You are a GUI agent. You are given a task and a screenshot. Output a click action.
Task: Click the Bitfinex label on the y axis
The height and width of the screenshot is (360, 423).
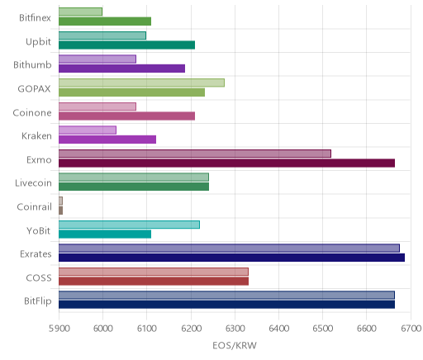pyautogui.click(x=35, y=18)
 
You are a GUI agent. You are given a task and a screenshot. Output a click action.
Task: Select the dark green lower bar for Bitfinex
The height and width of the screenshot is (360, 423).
pyautogui.click(x=105, y=21)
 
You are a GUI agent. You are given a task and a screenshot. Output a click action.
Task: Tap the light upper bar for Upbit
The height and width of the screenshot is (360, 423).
pyautogui.click(x=102, y=36)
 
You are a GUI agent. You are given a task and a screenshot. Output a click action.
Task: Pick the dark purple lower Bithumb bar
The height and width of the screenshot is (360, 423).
pyautogui.click(x=121, y=69)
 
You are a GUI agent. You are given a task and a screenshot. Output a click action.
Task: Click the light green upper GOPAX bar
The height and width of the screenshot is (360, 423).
pyautogui.click(x=141, y=83)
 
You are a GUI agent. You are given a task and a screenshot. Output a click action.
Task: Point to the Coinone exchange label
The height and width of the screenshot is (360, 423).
pyautogui.click(x=32, y=113)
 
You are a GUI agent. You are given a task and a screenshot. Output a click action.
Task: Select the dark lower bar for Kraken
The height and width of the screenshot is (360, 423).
pyautogui.click(x=107, y=140)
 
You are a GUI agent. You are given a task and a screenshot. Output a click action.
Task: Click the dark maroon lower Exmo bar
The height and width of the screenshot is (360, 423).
pyautogui.click(x=226, y=163)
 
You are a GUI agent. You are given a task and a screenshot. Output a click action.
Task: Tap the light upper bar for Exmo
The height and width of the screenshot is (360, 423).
pyautogui.click(x=195, y=154)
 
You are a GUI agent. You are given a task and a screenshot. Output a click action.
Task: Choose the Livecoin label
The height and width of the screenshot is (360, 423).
pyautogui.click(x=33, y=183)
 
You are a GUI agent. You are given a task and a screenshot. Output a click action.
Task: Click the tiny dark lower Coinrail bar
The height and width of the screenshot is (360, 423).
pyautogui.click(x=60, y=211)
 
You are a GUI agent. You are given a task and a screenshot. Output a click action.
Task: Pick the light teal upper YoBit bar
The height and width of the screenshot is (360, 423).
pyautogui.click(x=129, y=225)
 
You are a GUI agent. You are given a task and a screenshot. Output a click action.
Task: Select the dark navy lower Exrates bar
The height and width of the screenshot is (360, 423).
pyautogui.click(x=231, y=258)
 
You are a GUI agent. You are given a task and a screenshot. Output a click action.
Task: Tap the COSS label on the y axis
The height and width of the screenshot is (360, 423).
pyautogui.click(x=39, y=278)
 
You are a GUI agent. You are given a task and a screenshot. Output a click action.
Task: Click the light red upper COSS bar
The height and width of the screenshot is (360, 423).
pyautogui.click(x=154, y=272)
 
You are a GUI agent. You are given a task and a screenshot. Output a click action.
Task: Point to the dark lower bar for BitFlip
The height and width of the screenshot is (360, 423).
pyautogui.click(x=226, y=305)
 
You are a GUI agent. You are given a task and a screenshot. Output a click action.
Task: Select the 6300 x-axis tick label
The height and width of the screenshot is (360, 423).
pyautogui.click(x=235, y=329)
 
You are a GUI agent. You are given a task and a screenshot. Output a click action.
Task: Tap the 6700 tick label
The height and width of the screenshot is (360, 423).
pyautogui.click(x=411, y=329)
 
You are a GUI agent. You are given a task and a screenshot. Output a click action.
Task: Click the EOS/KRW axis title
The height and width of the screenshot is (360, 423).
pyautogui.click(x=235, y=345)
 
